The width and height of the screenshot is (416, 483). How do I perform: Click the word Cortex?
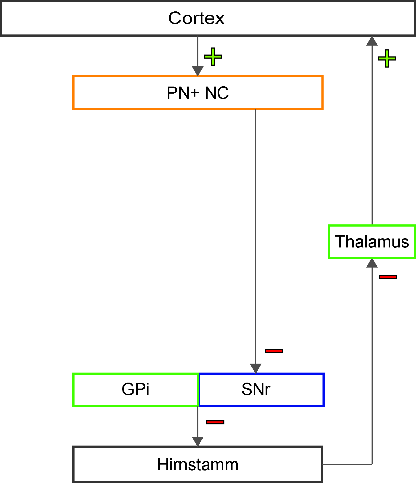pos(196,18)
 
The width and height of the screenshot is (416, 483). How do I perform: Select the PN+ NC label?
pos(198,93)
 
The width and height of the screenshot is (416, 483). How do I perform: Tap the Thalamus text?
pos(372,241)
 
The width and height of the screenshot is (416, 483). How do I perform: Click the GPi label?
pos(136,389)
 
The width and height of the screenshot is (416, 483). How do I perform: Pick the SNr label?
pos(256,389)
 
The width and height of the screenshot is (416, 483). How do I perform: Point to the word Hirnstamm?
pos(198,464)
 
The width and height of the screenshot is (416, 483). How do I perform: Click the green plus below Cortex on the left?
pos(213,56)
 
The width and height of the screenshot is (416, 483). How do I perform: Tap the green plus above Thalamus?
pos(387,58)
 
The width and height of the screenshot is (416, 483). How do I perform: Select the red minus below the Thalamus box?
pos(388,277)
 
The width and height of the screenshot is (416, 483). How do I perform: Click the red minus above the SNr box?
pos(274,351)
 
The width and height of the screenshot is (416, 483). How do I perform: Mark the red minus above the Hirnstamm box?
pos(215,422)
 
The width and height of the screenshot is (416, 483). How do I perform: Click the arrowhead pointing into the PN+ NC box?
pos(198,71)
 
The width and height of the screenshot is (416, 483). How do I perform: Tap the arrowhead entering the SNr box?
pos(256,368)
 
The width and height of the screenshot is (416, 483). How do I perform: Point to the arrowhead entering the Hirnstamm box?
pos(198,441)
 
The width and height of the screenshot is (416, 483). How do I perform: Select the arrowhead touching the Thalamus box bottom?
pos(372,263)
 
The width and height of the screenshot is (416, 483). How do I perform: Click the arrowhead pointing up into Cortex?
pos(372,41)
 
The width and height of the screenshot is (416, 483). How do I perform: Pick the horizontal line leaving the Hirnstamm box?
pos(347,464)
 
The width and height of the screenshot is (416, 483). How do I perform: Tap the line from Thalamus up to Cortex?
pos(372,135)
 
